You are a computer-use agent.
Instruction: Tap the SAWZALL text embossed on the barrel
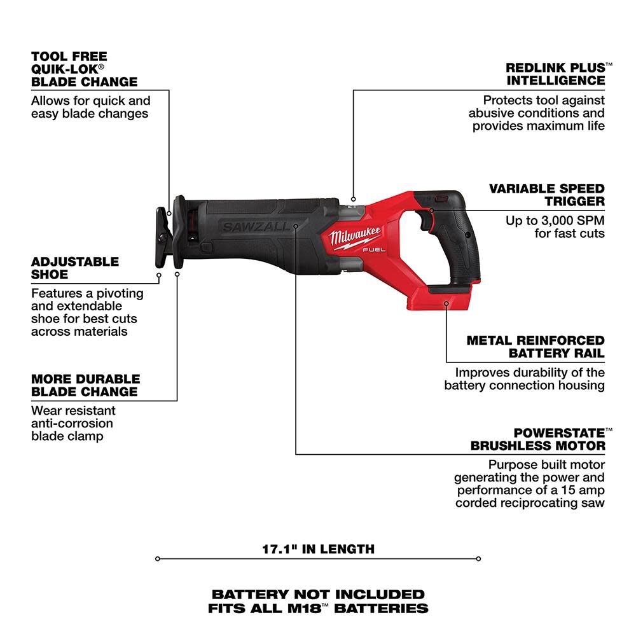(254, 226)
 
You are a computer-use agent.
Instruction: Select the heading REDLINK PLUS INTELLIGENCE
(555, 74)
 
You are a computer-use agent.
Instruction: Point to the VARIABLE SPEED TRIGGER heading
(546, 195)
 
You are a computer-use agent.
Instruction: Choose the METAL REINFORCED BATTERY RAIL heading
(536, 347)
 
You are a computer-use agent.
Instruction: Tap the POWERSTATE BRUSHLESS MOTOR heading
(537, 439)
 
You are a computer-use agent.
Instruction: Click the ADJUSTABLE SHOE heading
(75, 268)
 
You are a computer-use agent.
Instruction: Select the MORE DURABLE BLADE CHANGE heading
(85, 385)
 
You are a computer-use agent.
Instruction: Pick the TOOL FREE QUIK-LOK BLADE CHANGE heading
(84, 69)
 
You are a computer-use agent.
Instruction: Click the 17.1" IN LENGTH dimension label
(318, 548)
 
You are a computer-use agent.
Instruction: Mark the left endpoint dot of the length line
(157, 559)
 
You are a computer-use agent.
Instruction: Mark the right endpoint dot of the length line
(478, 559)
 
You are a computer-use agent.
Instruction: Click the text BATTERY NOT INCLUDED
(318, 594)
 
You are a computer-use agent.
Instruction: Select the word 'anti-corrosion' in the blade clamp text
(72, 424)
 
